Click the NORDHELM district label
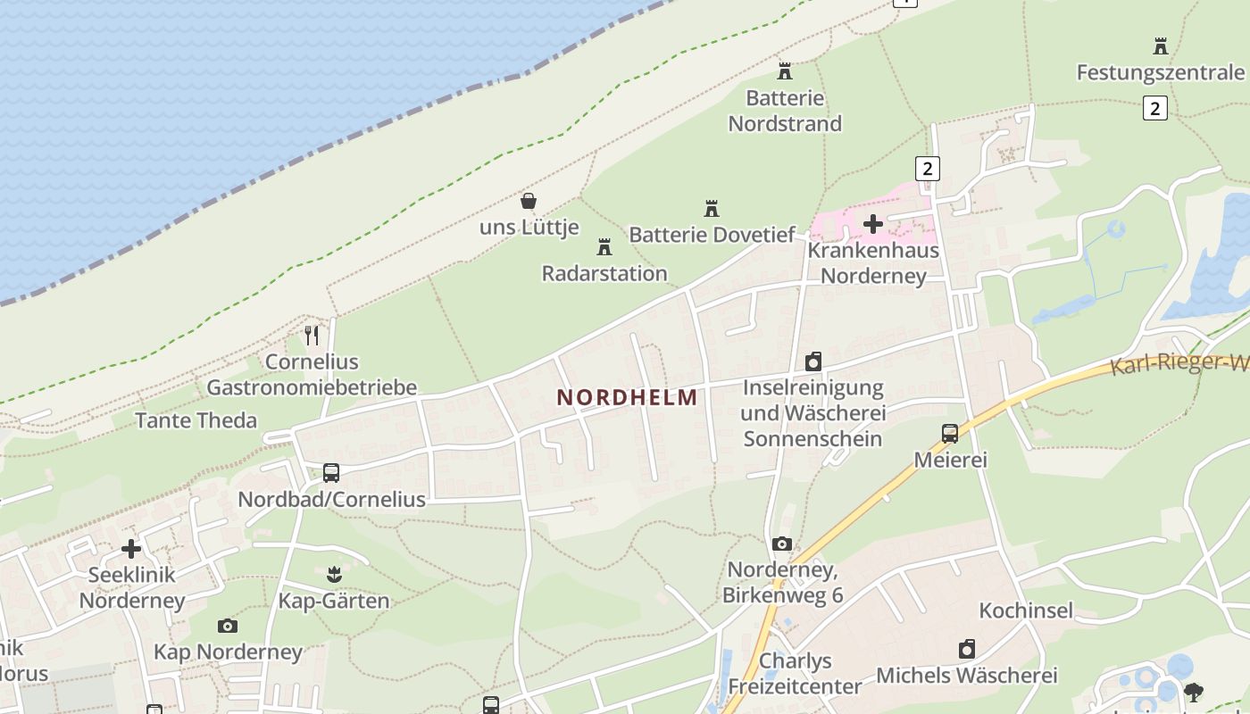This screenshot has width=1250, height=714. pyautogui.click(x=627, y=397)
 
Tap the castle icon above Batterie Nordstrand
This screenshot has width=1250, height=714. pyautogui.click(x=785, y=71)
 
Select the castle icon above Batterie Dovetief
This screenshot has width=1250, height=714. pyautogui.click(x=712, y=209)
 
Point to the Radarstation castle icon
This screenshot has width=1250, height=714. pyautogui.click(x=604, y=246)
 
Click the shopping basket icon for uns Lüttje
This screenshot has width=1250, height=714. pyautogui.click(x=529, y=201)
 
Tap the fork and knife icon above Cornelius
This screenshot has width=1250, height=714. pyautogui.click(x=312, y=336)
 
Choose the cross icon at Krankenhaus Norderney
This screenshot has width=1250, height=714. pyautogui.click(x=873, y=224)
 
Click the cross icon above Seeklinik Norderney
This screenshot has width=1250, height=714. pyautogui.click(x=131, y=549)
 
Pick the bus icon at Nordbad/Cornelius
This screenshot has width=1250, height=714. pyautogui.click(x=331, y=473)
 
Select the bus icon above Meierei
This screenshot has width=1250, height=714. pyautogui.click(x=950, y=434)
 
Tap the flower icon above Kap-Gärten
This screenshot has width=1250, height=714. pyautogui.click(x=334, y=573)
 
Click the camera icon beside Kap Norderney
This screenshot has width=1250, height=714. pyautogui.click(x=228, y=626)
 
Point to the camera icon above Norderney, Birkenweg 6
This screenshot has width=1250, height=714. pyautogui.click(x=782, y=544)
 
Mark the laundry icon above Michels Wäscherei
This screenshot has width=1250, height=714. pyautogui.click(x=967, y=649)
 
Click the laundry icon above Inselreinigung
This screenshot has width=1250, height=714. pyautogui.click(x=813, y=361)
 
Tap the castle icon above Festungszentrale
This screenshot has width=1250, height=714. pyautogui.click(x=1161, y=46)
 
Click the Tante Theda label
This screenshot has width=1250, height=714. pyautogui.click(x=196, y=420)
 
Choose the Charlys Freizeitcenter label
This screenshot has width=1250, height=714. pyautogui.click(x=795, y=674)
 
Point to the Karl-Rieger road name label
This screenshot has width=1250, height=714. pyautogui.click(x=1179, y=364)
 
